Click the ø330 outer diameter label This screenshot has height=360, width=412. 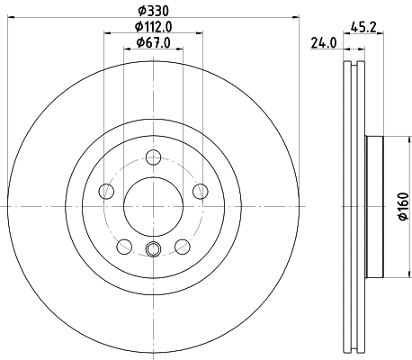click(152, 11)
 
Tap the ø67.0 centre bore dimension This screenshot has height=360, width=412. click(152, 43)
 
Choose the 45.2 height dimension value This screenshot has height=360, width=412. click(364, 27)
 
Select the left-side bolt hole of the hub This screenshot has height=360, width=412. click(106, 190)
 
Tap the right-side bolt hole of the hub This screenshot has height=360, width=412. click(198, 190)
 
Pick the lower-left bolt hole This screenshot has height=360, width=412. click(123, 244)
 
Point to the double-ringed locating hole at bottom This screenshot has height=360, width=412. click(152, 250)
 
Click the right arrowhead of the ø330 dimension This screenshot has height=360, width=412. click(295, 20)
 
